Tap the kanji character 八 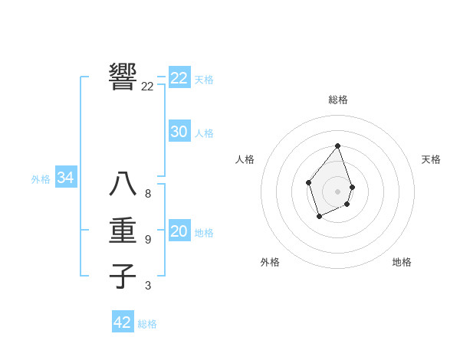pyautogui.click(x=123, y=184)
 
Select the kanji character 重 pyautogui.click(x=123, y=231)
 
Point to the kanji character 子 pyautogui.click(x=123, y=276)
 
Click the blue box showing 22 pyautogui.click(x=179, y=78)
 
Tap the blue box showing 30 pyautogui.click(x=179, y=132)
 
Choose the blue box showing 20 pyautogui.click(x=179, y=231)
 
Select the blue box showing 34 pyautogui.click(x=66, y=178)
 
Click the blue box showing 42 pyautogui.click(x=123, y=322)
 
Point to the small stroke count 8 pyautogui.click(x=148, y=194)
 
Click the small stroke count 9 pyautogui.click(x=148, y=240)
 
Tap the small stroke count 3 pyautogui.click(x=148, y=286)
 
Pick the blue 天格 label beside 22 pyautogui.click(x=204, y=80)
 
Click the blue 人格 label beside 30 pyautogui.click(x=204, y=133)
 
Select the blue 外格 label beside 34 pyautogui.click(x=41, y=179)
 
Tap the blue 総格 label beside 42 pyautogui.click(x=147, y=324)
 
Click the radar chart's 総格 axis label pyautogui.click(x=338, y=100)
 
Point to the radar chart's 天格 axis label pyautogui.click(x=431, y=159)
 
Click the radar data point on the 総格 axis pyautogui.click(x=338, y=146)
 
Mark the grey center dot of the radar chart pyautogui.click(x=338, y=191)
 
